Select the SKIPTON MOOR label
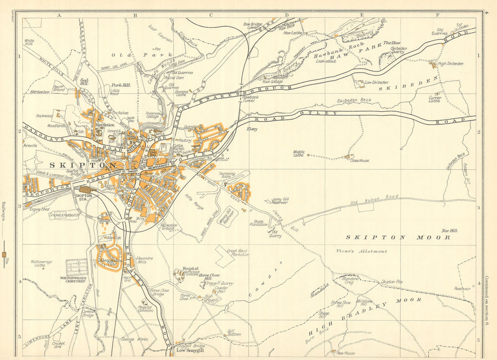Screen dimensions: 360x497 (398, 237)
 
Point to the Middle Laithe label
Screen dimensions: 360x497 (299, 153)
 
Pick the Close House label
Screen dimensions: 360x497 (360, 161)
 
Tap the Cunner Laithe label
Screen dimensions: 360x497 (435, 99)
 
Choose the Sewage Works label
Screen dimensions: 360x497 (134, 339)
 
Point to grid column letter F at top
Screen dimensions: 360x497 (437, 15)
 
